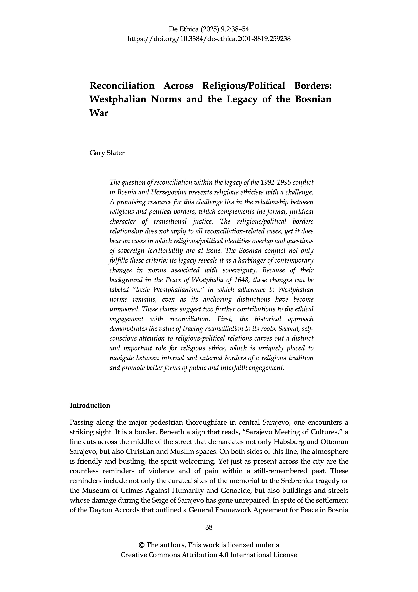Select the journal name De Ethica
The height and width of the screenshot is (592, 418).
[183, 29]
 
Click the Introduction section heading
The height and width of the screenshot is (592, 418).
[90, 406]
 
